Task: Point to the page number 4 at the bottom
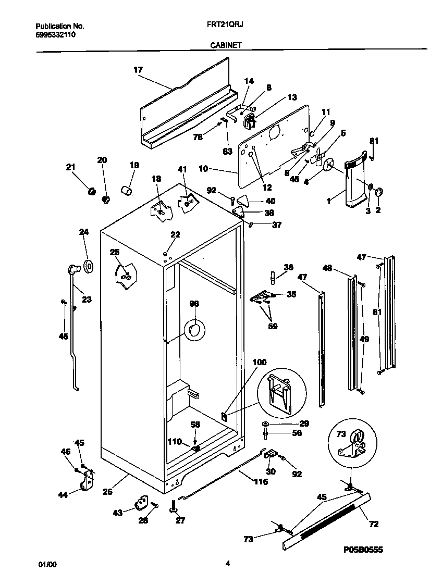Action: pyautogui.click(x=227, y=563)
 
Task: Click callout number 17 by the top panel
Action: pyautogui.click(x=138, y=69)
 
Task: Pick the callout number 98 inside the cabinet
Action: pyautogui.click(x=194, y=304)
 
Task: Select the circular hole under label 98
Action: pyautogui.click(x=194, y=330)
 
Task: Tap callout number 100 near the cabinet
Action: pyautogui.click(x=259, y=362)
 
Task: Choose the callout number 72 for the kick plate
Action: pyautogui.click(x=374, y=524)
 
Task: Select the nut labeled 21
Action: pyautogui.click(x=92, y=192)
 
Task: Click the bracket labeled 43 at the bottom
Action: pyautogui.click(x=141, y=503)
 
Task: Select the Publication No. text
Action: pyautogui.click(x=59, y=26)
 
